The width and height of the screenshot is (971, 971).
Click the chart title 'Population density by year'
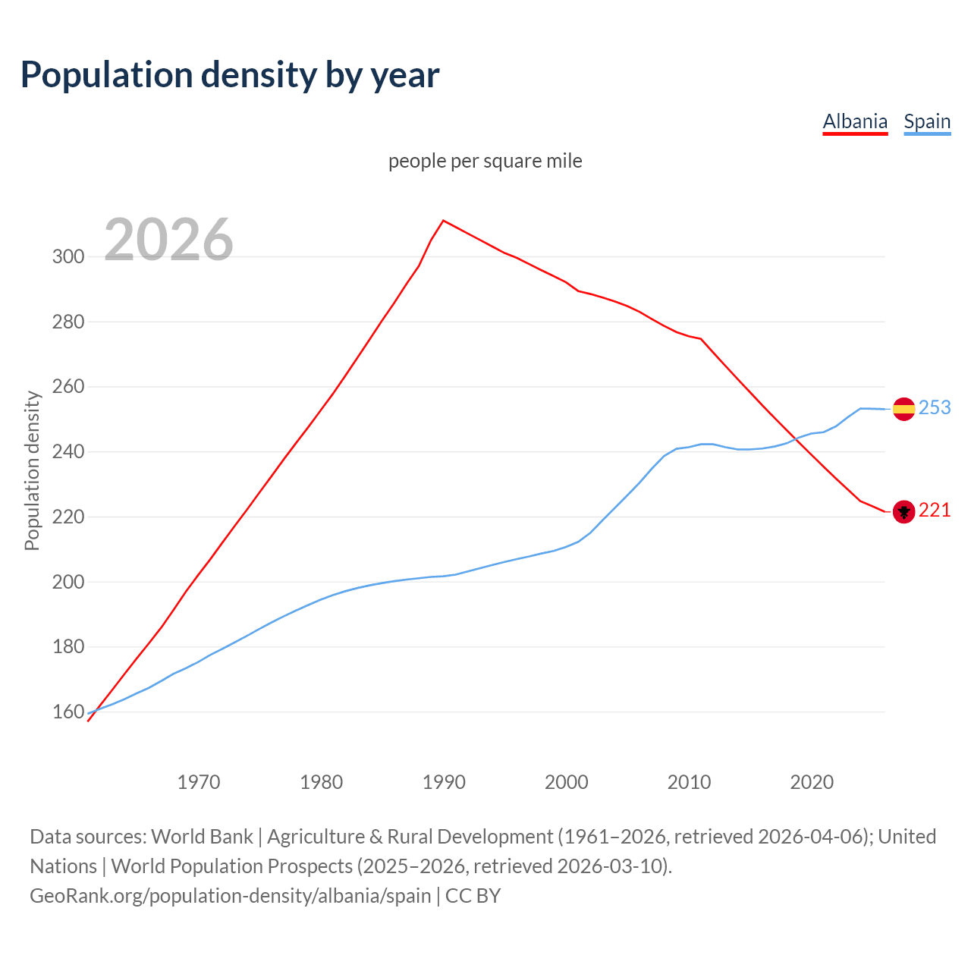(x=229, y=74)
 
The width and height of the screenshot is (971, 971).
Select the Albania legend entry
(x=855, y=121)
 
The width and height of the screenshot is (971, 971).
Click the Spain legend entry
(x=927, y=121)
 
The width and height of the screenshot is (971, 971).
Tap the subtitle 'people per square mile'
(x=485, y=161)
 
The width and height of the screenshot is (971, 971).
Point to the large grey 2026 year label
(x=168, y=240)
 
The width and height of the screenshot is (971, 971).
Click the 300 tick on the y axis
(x=68, y=256)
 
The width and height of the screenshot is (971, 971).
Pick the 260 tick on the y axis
(x=68, y=387)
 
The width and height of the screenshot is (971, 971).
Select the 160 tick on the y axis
(x=68, y=712)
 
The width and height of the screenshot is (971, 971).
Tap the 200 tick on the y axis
(x=68, y=582)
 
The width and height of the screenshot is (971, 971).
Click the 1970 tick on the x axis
(x=199, y=781)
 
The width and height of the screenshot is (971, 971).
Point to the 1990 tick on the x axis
(x=444, y=781)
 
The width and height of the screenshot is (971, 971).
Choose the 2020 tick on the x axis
(x=812, y=781)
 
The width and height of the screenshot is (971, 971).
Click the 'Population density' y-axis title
(x=32, y=470)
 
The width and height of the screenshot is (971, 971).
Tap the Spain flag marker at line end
(x=903, y=409)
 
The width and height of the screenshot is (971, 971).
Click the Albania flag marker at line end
(x=903, y=512)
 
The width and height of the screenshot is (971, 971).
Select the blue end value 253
(x=935, y=408)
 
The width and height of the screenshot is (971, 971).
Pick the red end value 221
(x=935, y=511)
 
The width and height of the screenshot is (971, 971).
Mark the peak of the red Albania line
(x=443, y=221)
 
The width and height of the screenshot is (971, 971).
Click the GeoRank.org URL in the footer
(x=231, y=896)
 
